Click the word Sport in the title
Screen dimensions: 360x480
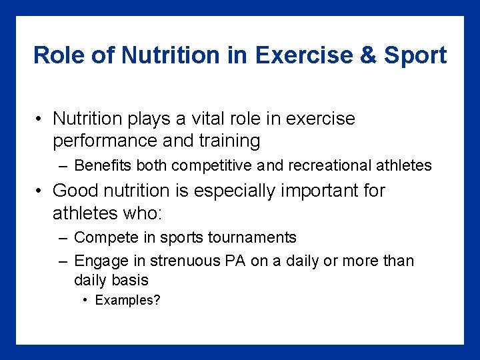pos(415,55)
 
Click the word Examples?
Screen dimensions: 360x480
pos(128,300)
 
